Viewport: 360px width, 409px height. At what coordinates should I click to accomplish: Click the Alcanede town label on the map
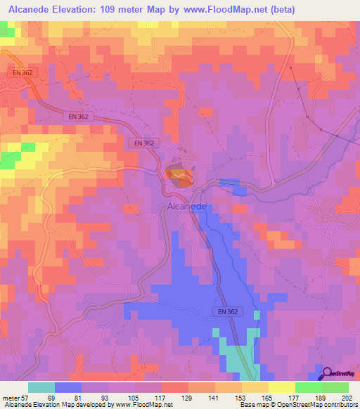(x=187, y=207)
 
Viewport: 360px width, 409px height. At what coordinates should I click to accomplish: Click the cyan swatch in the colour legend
(x=41, y=388)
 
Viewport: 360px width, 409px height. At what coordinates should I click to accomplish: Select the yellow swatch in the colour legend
(x=282, y=388)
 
